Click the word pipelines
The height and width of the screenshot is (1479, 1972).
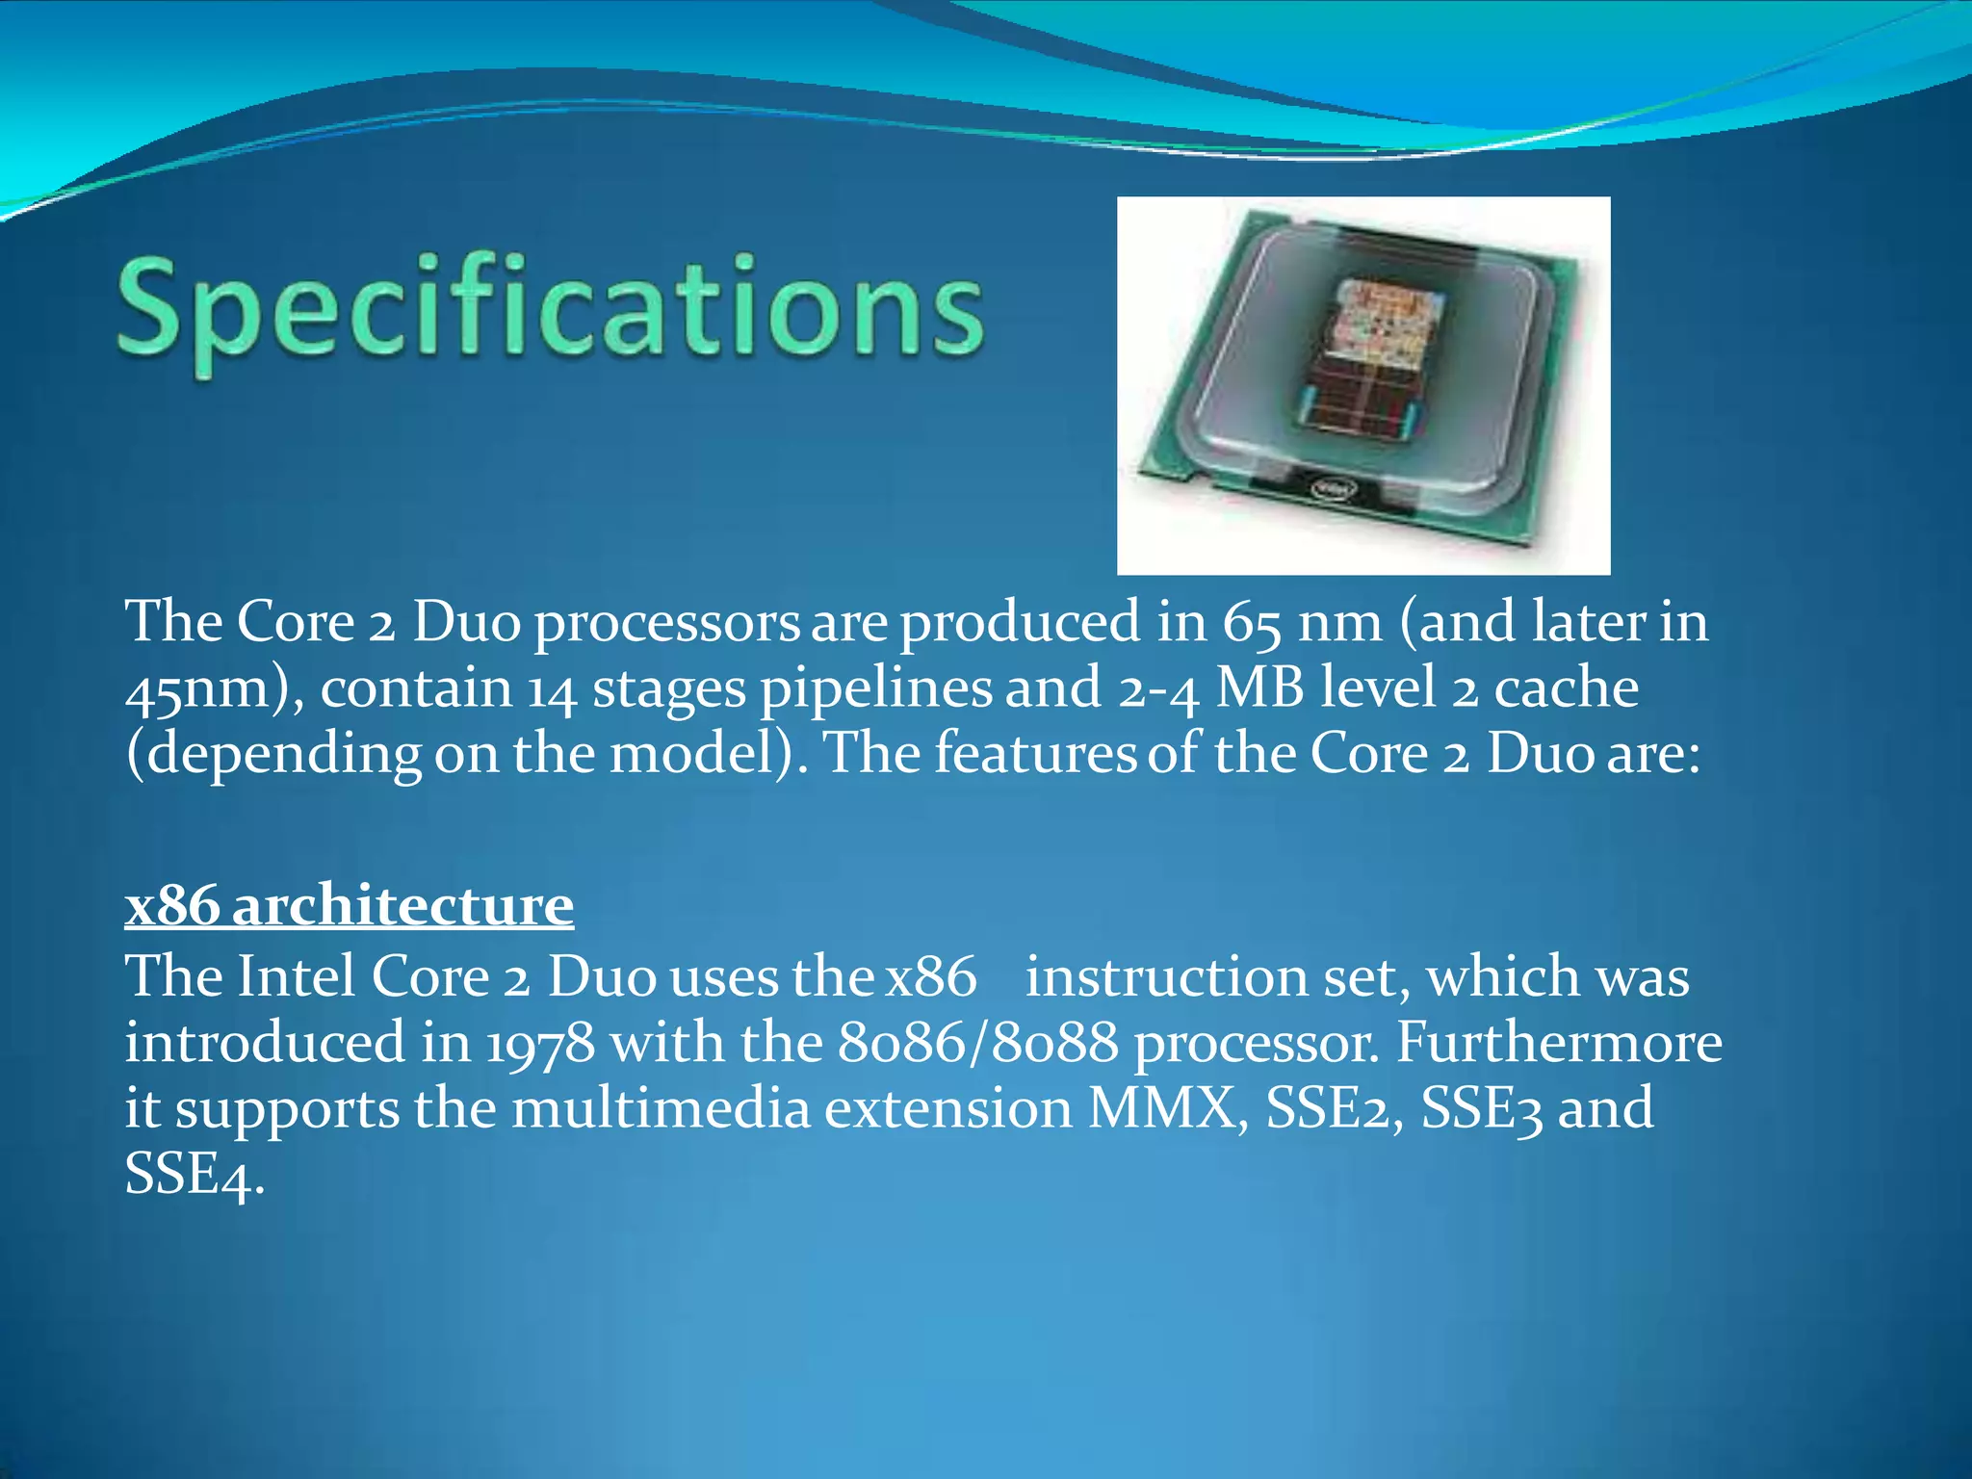point(875,689)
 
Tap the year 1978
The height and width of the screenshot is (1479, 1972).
point(540,1044)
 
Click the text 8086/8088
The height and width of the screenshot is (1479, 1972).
point(977,1044)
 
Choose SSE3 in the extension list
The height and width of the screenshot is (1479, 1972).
point(1482,1108)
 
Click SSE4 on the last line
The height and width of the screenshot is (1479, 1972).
point(192,1175)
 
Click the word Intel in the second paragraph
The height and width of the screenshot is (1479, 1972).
point(298,977)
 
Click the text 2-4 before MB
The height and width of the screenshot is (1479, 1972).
point(1157,689)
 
